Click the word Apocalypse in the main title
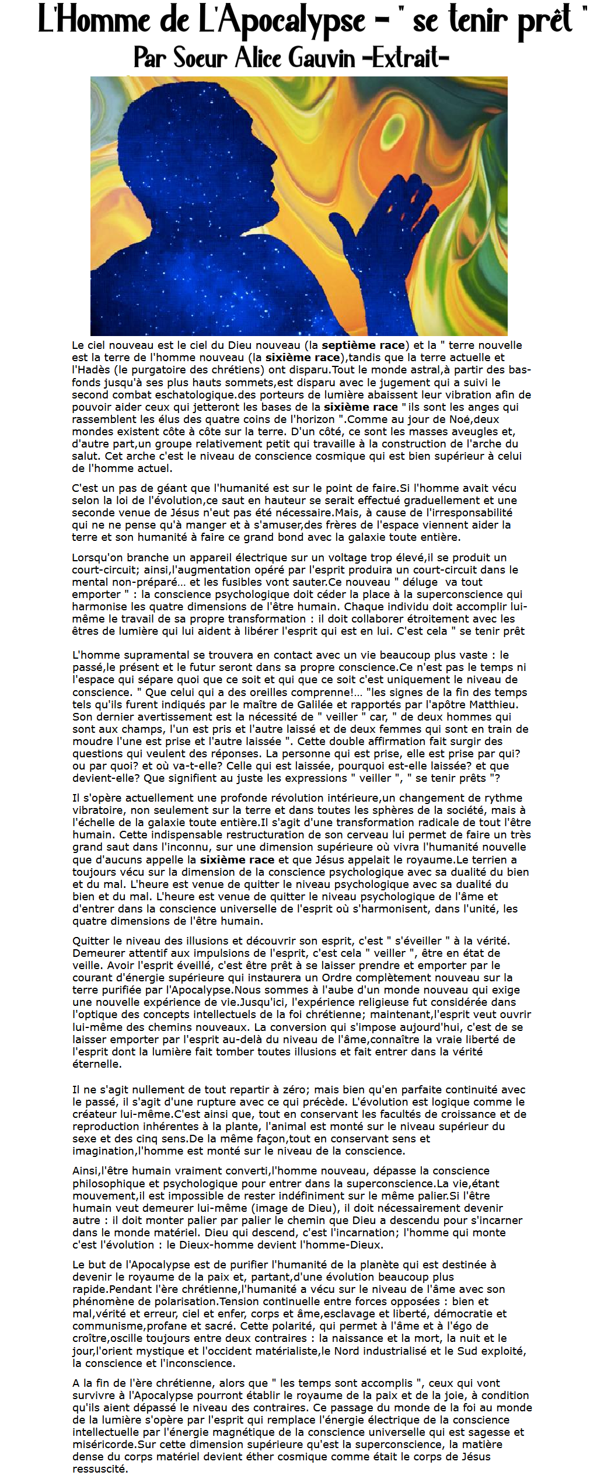tap(282, 21)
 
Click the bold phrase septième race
tap(363, 345)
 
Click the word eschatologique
tap(194, 394)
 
